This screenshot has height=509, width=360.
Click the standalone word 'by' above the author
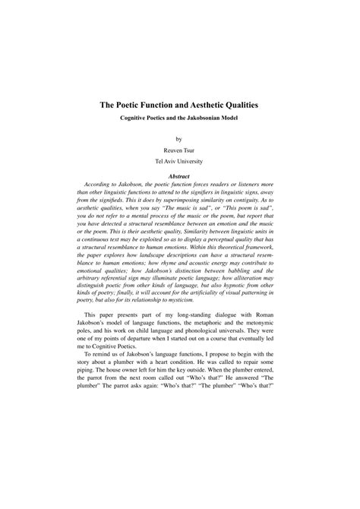(179, 140)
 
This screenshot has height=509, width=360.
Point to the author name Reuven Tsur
(179, 151)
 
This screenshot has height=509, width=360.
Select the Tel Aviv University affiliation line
(179, 163)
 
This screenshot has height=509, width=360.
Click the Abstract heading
(179, 177)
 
